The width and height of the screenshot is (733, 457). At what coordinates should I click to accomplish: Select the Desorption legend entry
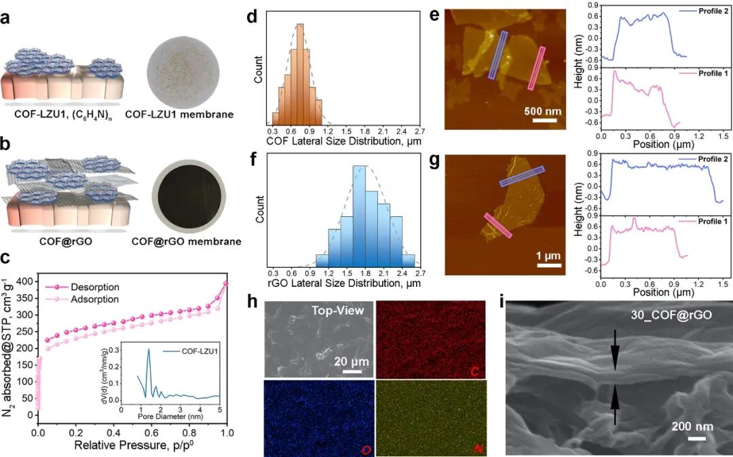tap(92, 287)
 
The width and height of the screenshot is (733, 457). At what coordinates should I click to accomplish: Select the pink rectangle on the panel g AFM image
tap(498, 225)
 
